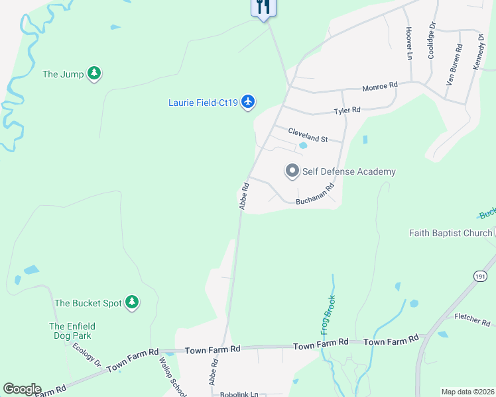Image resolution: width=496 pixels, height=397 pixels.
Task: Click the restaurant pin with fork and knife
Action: click(263, 7)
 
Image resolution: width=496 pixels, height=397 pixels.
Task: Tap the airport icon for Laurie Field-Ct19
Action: click(248, 101)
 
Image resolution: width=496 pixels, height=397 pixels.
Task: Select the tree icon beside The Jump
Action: click(95, 73)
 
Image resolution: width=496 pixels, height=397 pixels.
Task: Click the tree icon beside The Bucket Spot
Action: click(133, 302)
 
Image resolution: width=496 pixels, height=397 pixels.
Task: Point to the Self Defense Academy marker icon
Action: click(292, 171)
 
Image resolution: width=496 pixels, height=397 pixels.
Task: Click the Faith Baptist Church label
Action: click(450, 232)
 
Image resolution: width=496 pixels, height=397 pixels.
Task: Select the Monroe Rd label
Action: click(379, 86)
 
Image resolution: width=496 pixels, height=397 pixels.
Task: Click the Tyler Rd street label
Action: click(347, 110)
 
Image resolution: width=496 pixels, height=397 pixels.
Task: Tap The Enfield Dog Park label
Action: click(72, 331)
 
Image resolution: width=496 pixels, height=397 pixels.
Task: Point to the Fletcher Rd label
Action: click(471, 320)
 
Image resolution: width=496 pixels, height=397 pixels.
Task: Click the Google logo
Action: click(22, 389)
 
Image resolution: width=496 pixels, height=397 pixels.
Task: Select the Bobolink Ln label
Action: click(239, 394)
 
